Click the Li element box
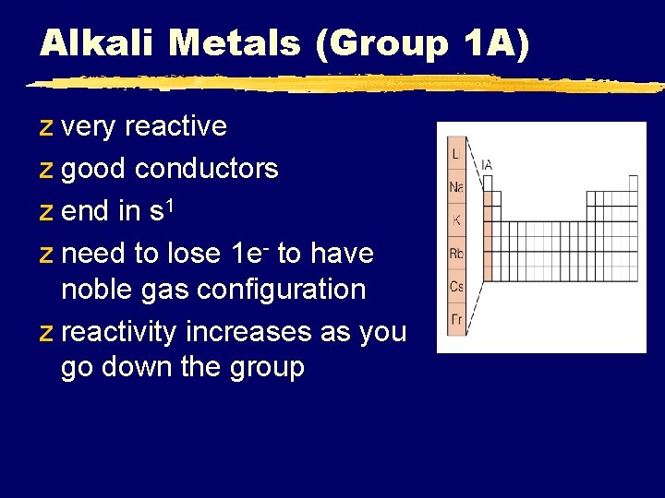pos(456,154)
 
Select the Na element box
pos(456,187)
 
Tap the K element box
pos(456,220)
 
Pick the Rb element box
pos(456,254)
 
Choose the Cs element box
pos(456,287)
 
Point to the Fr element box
pos(456,319)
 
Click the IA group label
pos(487,165)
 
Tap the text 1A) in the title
pos(495,42)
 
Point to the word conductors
pos(206,169)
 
